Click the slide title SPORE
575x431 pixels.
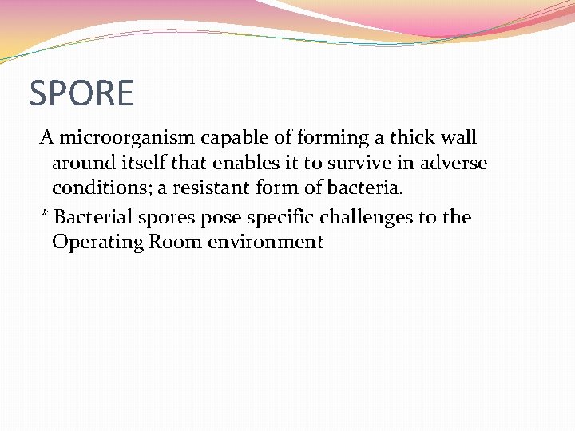point(81,93)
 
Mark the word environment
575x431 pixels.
point(266,243)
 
